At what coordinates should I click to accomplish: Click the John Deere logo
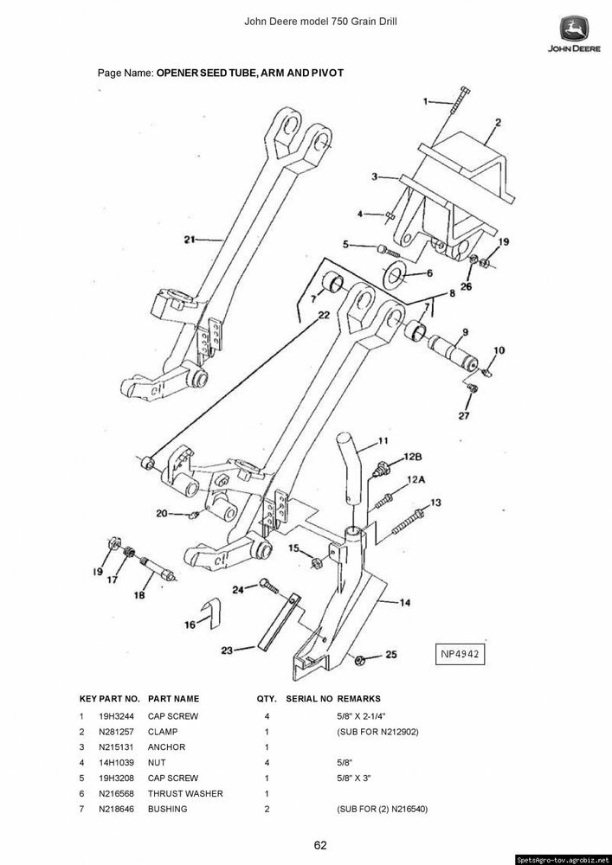[574, 34]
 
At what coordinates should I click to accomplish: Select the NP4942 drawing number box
[459, 654]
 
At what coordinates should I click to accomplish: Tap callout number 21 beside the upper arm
[190, 240]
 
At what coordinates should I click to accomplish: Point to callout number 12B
[413, 457]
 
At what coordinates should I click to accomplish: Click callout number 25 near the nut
[390, 655]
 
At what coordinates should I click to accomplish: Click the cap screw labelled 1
[457, 100]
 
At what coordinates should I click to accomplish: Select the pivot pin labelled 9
[453, 353]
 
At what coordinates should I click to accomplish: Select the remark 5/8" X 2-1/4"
[361, 716]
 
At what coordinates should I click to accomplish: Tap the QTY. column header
[267, 699]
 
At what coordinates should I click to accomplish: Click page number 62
[320, 846]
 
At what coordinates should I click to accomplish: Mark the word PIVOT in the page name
[329, 73]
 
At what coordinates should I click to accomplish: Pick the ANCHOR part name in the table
[167, 747]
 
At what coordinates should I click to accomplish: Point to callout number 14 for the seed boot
[404, 603]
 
